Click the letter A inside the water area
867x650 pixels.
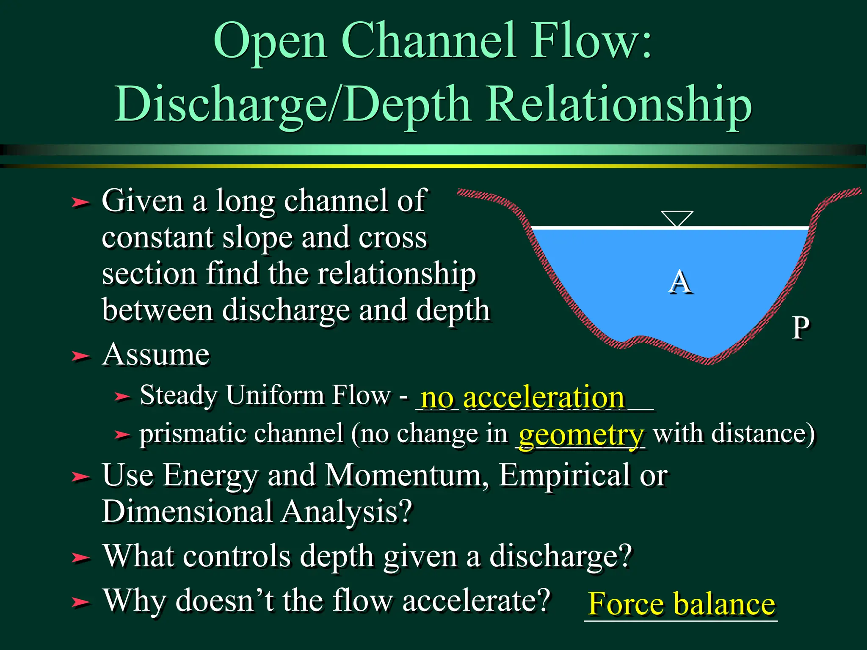[x=680, y=282]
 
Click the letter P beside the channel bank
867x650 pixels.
[x=801, y=328]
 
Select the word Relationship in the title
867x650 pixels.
[x=619, y=104]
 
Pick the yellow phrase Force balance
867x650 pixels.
[x=682, y=603]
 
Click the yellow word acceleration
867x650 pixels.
[x=544, y=398]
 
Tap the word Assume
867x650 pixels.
[x=156, y=354]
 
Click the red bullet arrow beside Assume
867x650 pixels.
[x=80, y=356]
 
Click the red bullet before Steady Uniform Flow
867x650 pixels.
[x=122, y=397]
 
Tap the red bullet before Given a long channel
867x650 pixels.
[x=80, y=202]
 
